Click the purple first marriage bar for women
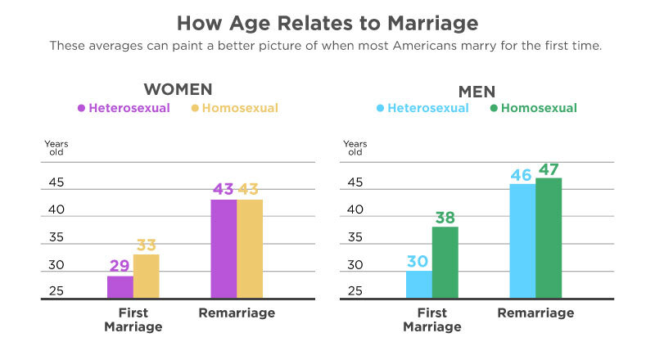[120, 287]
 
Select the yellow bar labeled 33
[147, 276]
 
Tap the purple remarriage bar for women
[224, 249]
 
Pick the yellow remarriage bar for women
[250, 249]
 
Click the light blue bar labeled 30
[419, 285]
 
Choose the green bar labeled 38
[445, 263]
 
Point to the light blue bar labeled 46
[522, 241]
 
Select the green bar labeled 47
[549, 238]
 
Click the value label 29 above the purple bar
[120, 266]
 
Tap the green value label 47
[549, 169]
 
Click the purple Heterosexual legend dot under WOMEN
[81, 108]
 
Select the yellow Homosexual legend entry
[235, 108]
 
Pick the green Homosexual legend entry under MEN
[534, 108]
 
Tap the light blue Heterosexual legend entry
[422, 108]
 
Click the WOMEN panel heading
[178, 89]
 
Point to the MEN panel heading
[477, 92]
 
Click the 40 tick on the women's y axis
[56, 209]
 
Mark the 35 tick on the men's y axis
[355, 237]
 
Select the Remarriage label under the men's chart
[535, 313]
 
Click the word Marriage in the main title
[433, 24]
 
